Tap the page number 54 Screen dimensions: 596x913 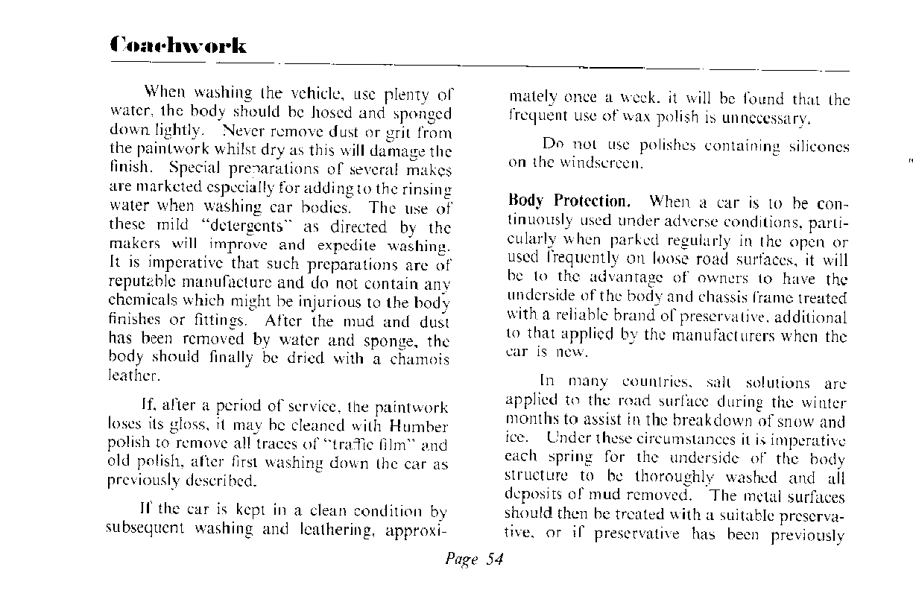pos(494,559)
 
